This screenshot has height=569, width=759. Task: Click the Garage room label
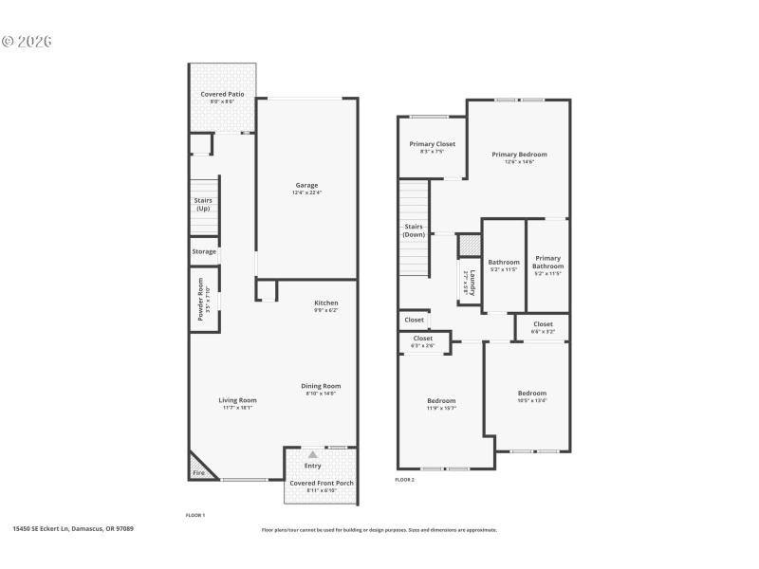(305, 186)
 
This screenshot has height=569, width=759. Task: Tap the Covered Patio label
(221, 95)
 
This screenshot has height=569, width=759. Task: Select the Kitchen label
(326, 303)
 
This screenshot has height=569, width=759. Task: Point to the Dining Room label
(321, 386)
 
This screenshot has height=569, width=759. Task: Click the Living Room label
(212, 400)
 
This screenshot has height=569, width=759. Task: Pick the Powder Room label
(201, 299)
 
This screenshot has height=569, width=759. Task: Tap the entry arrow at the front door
(312, 455)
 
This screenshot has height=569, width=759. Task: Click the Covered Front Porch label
(322, 483)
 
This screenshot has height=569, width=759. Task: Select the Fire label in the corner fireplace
(198, 472)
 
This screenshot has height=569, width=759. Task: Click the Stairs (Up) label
(203, 204)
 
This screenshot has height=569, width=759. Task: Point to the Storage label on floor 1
(204, 251)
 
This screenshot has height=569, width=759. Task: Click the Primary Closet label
(432, 144)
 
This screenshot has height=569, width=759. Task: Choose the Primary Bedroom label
(519, 154)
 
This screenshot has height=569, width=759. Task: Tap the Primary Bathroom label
(547, 262)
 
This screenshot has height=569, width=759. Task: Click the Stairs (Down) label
(414, 229)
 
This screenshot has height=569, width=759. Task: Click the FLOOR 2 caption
(404, 480)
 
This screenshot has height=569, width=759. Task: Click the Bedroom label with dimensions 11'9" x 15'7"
(441, 401)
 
